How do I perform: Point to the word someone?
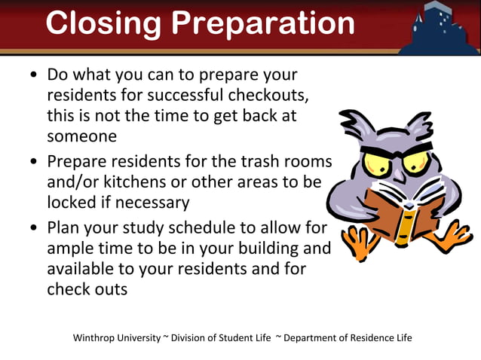pos(81,136)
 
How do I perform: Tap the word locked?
pos(72,203)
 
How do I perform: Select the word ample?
pos(72,249)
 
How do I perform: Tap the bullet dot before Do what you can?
pos(33,76)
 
